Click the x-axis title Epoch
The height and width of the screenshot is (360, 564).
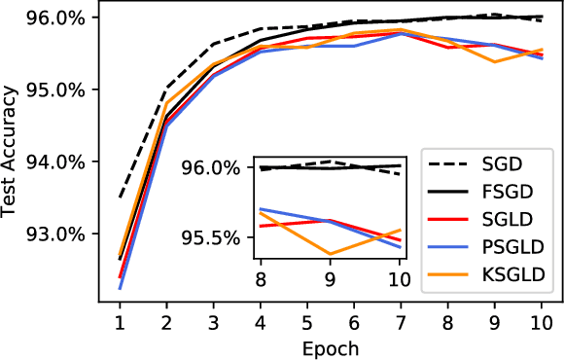coord(331,347)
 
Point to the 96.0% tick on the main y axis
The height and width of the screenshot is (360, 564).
coord(58,18)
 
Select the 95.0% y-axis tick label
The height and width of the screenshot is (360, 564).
coord(58,90)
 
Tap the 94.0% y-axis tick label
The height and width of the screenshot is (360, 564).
coord(58,162)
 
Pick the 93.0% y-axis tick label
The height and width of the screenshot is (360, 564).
coord(58,234)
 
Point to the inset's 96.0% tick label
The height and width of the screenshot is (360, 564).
coord(212,168)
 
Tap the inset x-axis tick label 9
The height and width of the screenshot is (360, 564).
coord(330,280)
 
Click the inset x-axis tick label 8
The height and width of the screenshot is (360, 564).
coord(261,280)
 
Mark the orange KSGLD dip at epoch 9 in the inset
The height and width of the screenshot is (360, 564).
coord(330,254)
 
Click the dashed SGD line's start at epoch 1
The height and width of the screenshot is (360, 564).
coord(120,198)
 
